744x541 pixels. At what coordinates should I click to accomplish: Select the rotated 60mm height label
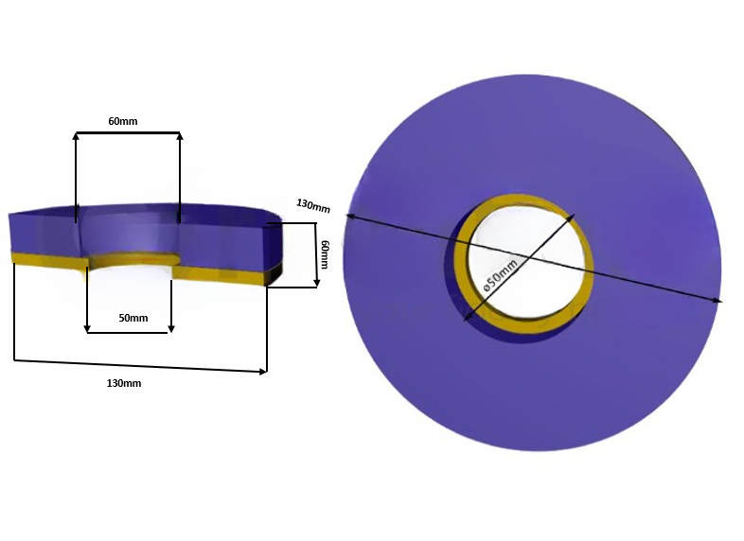click(325, 253)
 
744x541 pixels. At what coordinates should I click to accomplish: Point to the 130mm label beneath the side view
click(126, 382)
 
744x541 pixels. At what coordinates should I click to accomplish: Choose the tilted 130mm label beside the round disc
click(313, 205)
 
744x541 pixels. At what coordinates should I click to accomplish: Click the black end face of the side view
click(275, 275)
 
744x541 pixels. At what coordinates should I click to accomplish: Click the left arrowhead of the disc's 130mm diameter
click(348, 217)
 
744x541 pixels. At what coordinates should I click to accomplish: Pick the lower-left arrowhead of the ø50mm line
click(467, 318)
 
